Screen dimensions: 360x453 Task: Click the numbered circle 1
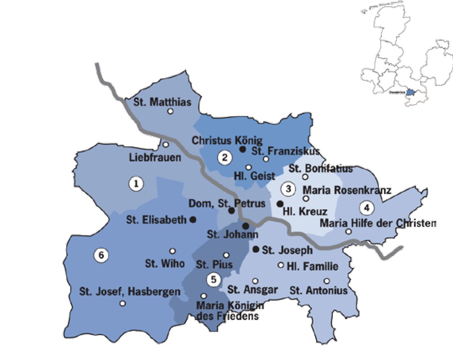[x=136, y=184]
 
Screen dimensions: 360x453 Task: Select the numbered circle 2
[x=224, y=158]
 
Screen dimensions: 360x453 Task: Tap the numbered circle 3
[x=288, y=189]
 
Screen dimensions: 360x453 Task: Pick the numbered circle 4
[x=367, y=208]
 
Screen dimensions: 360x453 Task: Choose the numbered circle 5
[x=213, y=280]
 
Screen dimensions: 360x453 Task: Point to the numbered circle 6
[x=101, y=255]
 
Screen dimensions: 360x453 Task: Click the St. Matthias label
[x=163, y=102]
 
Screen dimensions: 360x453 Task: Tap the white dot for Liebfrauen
[x=166, y=145]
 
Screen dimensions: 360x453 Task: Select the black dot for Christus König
[x=242, y=150]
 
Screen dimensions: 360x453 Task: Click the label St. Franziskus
[x=286, y=151]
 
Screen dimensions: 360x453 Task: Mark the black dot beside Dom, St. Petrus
[x=231, y=211]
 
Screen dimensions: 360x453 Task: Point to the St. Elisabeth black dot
[x=193, y=219]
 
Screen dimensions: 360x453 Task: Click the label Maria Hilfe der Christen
[x=378, y=224]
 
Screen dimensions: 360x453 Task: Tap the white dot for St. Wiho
[x=173, y=251]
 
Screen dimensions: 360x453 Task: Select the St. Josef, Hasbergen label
[x=130, y=292]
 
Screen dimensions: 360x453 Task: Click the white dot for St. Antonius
[x=327, y=281]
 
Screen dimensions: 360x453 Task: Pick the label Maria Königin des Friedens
[x=230, y=311]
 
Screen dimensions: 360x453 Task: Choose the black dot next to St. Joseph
[x=256, y=249]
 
